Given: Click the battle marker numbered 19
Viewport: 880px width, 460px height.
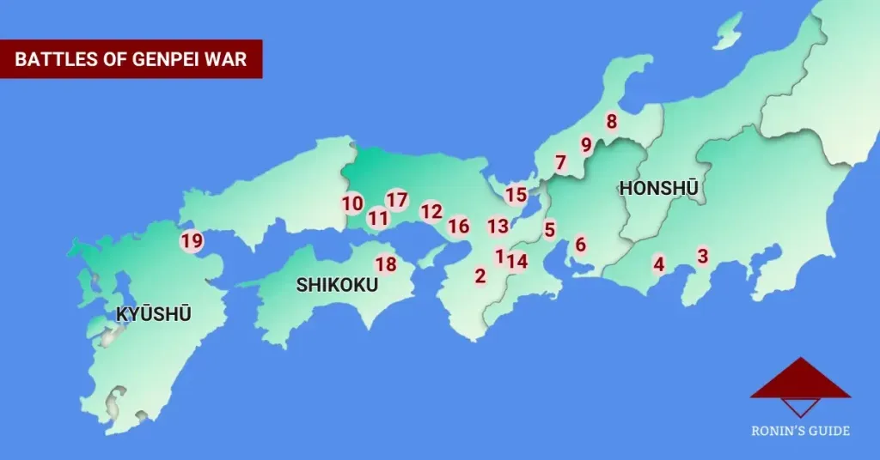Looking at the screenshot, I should (x=192, y=241).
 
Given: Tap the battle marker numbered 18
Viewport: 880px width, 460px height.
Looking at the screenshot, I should (x=386, y=264).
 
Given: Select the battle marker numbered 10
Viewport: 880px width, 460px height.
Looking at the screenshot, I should (x=352, y=203).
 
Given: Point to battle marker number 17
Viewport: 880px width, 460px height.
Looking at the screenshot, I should (x=396, y=200).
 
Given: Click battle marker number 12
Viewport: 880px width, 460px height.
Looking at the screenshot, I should (x=431, y=211).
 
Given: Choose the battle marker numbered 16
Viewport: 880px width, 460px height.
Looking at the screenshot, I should (x=459, y=226).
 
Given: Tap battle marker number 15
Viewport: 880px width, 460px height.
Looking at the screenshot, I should (x=516, y=195).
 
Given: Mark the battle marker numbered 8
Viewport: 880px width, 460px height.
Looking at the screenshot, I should (x=612, y=122).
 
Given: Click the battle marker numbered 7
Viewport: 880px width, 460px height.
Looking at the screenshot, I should (x=560, y=162).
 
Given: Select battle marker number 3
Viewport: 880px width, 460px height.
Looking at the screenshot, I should (x=703, y=256).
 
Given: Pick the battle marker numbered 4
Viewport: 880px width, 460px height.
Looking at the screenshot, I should (x=659, y=263).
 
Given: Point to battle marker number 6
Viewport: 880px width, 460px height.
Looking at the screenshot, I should (x=580, y=245).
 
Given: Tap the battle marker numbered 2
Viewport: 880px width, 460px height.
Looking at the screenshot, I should (x=480, y=275).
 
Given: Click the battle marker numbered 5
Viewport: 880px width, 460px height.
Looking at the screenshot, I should (x=549, y=229).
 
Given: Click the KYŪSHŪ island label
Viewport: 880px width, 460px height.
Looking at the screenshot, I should (x=154, y=314).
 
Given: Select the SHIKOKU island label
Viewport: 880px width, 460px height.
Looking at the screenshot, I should (x=337, y=285).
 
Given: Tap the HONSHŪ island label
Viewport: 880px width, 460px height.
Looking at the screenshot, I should (x=657, y=188).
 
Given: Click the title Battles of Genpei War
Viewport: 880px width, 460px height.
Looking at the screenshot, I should (x=131, y=59).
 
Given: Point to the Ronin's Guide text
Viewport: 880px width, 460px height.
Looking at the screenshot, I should (x=799, y=431).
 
